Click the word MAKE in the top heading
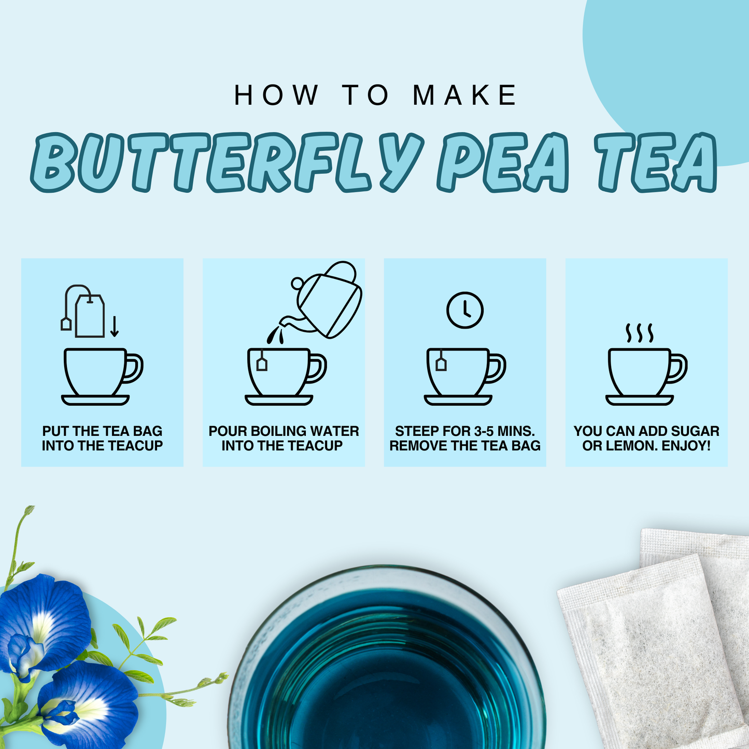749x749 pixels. (464, 95)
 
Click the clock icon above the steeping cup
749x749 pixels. (465, 310)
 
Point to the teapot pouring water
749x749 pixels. (328, 301)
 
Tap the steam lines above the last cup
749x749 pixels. (639, 333)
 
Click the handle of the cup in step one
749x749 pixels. (134, 368)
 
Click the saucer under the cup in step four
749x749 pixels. (639, 400)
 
